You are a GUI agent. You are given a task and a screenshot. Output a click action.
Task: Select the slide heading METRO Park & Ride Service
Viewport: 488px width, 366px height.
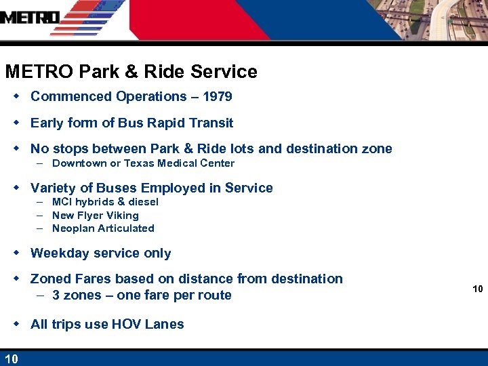pos(131,72)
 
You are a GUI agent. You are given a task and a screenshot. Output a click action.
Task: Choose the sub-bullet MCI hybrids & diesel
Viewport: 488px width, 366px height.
pos(105,202)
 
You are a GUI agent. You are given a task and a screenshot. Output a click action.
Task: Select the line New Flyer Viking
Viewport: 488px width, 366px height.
pos(95,216)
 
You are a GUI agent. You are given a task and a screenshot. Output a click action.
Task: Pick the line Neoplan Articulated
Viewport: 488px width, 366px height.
pos(103,228)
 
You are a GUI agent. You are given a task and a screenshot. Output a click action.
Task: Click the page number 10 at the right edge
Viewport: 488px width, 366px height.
pos(477,289)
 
